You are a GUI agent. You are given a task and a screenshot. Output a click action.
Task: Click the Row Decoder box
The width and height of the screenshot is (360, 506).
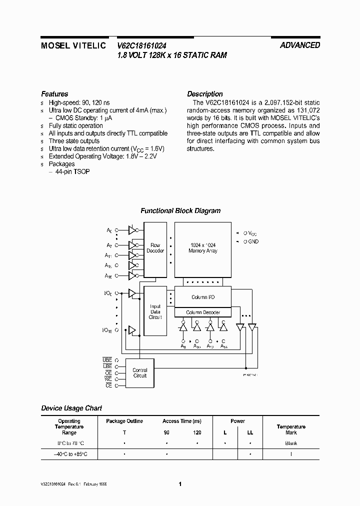[155, 248]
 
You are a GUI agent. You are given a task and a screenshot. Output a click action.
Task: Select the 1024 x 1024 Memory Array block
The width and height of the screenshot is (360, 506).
[202, 248]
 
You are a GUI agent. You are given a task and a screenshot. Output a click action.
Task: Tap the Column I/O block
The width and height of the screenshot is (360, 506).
[202, 297]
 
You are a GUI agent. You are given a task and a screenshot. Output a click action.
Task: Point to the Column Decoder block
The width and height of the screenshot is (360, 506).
[202, 312]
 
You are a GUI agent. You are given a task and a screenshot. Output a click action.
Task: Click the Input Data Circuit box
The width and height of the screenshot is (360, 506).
[155, 311]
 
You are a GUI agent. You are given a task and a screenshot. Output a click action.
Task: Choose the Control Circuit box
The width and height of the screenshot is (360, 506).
[140, 373]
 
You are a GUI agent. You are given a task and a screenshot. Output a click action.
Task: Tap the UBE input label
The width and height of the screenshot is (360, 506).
[107, 360]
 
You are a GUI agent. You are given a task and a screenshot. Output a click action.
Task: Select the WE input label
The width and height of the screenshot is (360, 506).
[108, 379]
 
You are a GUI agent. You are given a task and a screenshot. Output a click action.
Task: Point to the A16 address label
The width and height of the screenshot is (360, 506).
[108, 276]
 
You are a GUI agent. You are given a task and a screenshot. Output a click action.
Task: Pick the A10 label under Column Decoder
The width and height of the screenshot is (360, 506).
[197, 346]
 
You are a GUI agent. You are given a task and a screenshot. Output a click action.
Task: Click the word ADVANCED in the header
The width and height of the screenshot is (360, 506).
[300, 45]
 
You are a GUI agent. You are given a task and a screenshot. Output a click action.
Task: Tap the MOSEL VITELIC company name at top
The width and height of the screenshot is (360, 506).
[73, 45]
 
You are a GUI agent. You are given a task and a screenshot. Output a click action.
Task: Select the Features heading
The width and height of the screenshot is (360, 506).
[54, 94]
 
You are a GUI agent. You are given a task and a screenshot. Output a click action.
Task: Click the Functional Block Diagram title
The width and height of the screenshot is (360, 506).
[180, 211]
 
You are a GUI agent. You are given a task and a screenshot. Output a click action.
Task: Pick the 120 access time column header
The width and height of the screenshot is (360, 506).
[197, 432]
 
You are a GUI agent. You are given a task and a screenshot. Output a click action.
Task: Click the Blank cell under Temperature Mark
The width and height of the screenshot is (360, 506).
[291, 443]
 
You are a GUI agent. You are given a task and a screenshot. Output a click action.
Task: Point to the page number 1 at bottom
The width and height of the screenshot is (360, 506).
[180, 484]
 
